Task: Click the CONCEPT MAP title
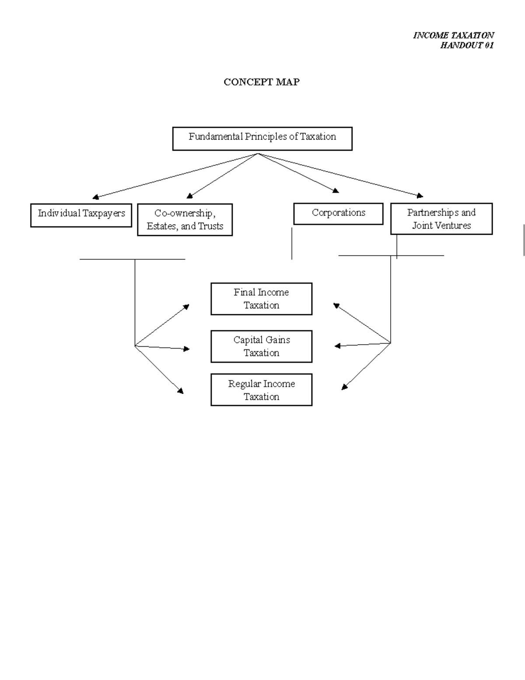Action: tap(261, 82)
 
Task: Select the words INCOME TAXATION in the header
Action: tap(453, 35)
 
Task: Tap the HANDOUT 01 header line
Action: tap(467, 46)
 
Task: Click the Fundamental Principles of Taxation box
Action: tap(262, 138)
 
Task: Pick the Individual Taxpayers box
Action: tap(81, 215)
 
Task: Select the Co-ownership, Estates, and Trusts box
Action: tap(185, 219)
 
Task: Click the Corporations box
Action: tap(338, 214)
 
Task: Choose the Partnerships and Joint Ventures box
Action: tap(441, 218)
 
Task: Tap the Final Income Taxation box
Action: tap(261, 299)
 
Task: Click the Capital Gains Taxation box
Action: tap(261, 346)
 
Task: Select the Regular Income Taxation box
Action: tap(261, 390)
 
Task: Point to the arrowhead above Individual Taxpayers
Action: tap(95, 197)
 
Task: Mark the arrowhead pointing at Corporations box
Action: tap(336, 190)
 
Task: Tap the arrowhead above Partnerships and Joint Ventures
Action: tap(420, 196)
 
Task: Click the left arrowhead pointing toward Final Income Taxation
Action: tap(186, 307)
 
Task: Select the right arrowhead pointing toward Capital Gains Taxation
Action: tap(337, 346)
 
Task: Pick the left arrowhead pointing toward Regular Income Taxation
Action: tap(180, 391)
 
